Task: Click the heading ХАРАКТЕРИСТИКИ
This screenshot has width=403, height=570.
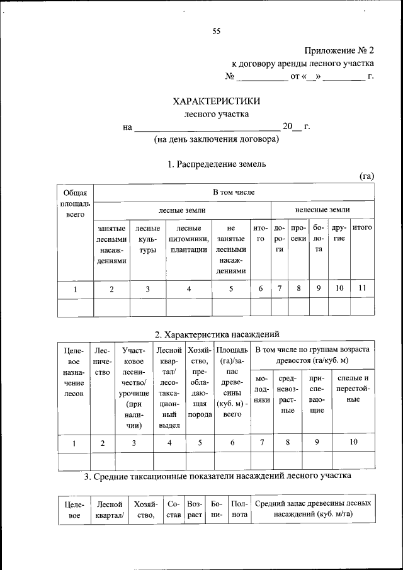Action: (216, 101)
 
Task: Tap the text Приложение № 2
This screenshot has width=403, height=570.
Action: (339, 50)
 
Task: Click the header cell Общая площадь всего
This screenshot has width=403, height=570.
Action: (75, 203)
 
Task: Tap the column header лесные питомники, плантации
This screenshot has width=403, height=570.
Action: (189, 239)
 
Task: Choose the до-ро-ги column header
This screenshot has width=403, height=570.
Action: (279, 239)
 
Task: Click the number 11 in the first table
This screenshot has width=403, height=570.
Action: (361, 289)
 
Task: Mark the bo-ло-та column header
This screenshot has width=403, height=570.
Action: (319, 239)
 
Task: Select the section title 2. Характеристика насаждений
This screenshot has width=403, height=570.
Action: (216, 334)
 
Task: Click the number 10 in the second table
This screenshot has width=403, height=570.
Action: (353, 443)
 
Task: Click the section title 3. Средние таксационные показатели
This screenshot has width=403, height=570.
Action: (216, 476)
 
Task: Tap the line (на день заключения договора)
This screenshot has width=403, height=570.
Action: (216, 140)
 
